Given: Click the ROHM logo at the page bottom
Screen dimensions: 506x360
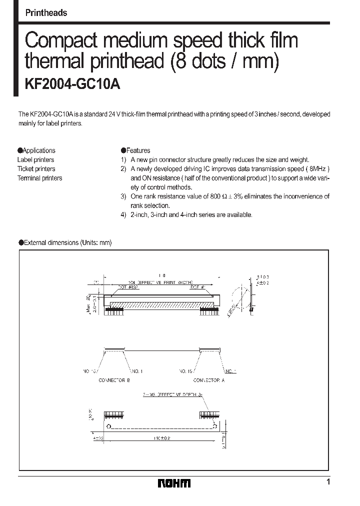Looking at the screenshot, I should tap(174, 483).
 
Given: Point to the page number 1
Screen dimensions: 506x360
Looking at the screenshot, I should tap(328, 482).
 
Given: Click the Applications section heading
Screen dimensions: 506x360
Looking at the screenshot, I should tap(36, 150).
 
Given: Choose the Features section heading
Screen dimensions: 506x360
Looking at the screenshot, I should tap(135, 150).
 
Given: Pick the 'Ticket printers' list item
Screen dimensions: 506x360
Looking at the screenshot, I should tap(36, 169).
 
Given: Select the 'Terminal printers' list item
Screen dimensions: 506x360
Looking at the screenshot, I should tap(39, 178).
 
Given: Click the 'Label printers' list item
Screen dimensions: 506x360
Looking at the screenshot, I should tap(35, 159).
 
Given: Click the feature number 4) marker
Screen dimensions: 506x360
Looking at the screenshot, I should tap(123, 214).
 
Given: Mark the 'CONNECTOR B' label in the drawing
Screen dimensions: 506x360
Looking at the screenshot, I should tap(114, 380).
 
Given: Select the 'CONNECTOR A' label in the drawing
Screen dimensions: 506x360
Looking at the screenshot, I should tap(209, 380).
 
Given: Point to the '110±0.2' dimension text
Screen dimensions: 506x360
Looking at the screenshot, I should tap(158, 437).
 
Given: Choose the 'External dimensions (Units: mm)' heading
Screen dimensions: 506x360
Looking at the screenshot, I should tap(65, 242).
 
